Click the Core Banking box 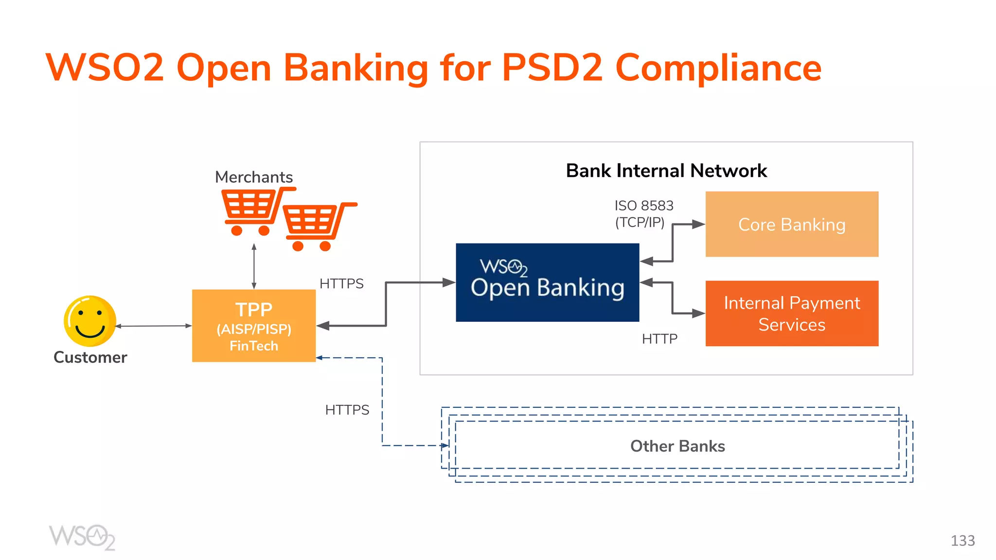coord(791,224)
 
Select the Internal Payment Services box coord(791,314)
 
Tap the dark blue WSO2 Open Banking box coord(547,282)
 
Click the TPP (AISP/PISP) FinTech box coord(253,326)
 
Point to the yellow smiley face coord(90,321)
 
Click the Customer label coord(90,357)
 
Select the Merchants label coord(253,177)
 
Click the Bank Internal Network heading coord(666,171)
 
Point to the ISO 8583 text coord(643,206)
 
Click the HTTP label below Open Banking coord(659,339)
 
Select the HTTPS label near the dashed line coord(347,410)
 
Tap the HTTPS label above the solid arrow coord(341,283)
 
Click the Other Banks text coord(677,446)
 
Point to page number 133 coord(962,541)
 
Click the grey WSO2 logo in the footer coord(82,537)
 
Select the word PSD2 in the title coord(552,68)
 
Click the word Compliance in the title coord(718,68)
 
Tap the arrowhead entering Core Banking coord(699,224)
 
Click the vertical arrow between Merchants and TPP coord(254,266)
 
